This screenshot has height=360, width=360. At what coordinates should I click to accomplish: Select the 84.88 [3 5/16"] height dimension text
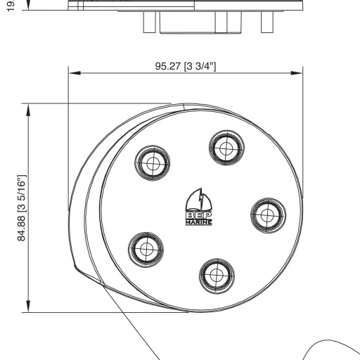(x=21, y=207)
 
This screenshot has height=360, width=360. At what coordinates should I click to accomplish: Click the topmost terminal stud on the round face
(x=226, y=148)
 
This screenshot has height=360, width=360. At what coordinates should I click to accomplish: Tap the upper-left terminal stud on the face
(x=153, y=164)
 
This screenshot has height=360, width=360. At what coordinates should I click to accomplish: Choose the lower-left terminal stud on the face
(x=146, y=248)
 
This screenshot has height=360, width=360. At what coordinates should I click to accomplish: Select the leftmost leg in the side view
(x=149, y=22)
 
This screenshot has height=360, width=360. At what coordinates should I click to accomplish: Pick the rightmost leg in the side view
(x=266, y=22)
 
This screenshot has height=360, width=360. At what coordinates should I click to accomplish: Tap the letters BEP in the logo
(x=199, y=214)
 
